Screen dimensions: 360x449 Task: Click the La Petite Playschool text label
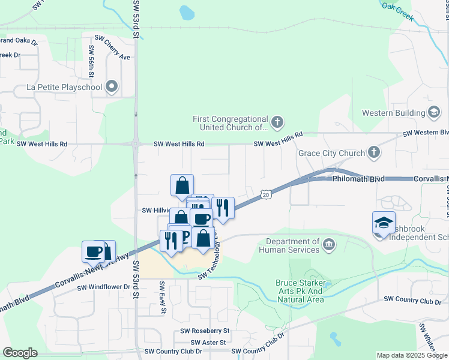pos(64,87)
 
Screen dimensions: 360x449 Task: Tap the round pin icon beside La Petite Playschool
pos(112,88)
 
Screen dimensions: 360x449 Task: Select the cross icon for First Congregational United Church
pos(276,122)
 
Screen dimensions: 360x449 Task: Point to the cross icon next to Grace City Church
pos(373,152)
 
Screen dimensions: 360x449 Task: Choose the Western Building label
pos(393,113)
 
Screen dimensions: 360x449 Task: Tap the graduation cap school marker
pos(384,223)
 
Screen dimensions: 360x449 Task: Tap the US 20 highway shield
pos(266,194)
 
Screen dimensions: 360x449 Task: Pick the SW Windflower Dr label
pos(103,287)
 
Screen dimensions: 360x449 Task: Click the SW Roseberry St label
pos(205,331)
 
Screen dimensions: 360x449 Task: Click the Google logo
pos(20,353)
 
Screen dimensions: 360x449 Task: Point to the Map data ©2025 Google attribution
pos(411,355)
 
